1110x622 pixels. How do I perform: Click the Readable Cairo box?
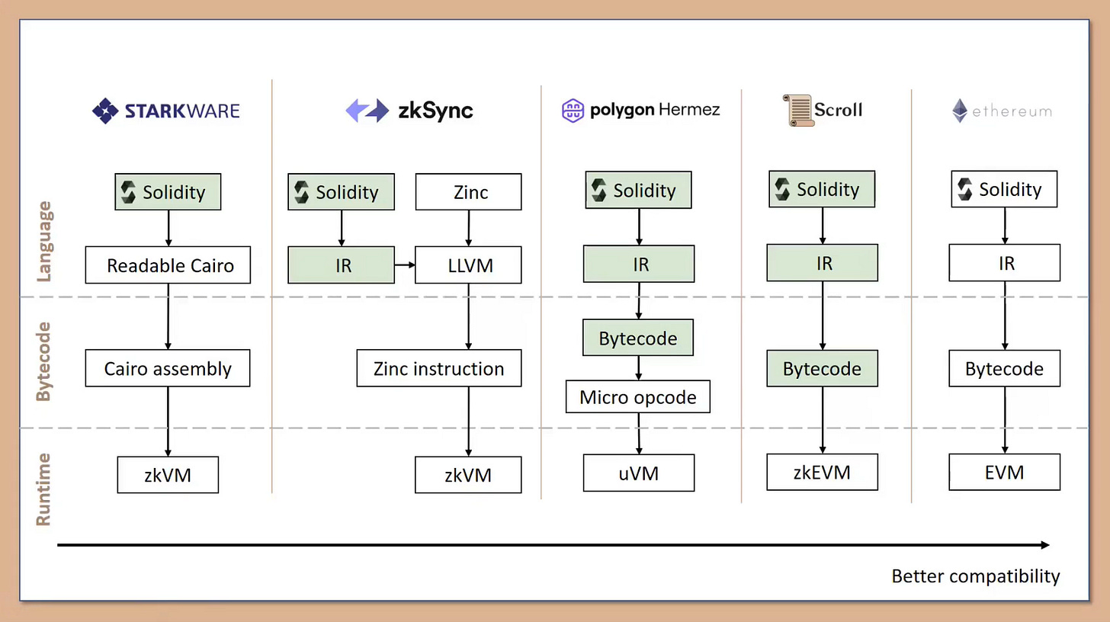(x=168, y=265)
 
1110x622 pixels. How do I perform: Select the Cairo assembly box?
(x=168, y=368)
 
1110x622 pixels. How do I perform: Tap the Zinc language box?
(x=468, y=192)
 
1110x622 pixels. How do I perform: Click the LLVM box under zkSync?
(x=468, y=265)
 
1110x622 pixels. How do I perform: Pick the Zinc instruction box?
(x=439, y=368)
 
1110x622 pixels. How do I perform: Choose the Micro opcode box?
(x=638, y=397)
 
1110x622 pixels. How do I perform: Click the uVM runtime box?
(x=639, y=473)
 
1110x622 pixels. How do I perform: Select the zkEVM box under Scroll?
(x=822, y=472)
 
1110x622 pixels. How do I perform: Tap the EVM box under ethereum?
(x=1004, y=472)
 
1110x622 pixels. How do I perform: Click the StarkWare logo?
(x=165, y=111)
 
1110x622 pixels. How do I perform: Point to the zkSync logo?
(x=409, y=111)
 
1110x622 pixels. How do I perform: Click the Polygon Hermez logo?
(x=640, y=110)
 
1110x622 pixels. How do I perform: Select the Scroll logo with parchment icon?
(x=822, y=110)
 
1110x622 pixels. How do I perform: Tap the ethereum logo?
(x=1001, y=111)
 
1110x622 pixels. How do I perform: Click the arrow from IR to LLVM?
(x=405, y=265)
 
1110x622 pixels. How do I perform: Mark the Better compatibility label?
(x=975, y=576)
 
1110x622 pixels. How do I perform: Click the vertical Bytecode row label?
(x=44, y=361)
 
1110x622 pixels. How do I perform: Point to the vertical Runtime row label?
(x=44, y=489)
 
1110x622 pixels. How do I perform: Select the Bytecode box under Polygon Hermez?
(x=638, y=338)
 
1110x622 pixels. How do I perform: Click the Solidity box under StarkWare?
(x=168, y=192)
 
